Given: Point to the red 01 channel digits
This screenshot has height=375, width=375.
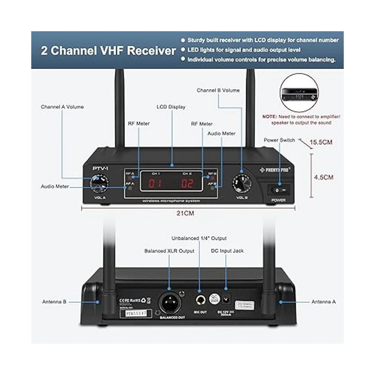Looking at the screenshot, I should (154, 183).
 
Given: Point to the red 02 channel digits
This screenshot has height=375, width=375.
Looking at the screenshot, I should (187, 183).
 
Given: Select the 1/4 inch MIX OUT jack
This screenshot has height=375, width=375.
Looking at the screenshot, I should (200, 301).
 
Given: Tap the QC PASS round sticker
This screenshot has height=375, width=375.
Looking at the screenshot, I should (214, 298).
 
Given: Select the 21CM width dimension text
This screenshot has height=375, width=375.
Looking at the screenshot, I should (185, 213).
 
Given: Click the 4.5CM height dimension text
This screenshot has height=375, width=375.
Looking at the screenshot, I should (323, 177).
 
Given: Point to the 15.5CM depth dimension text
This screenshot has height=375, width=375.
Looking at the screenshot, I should (321, 142).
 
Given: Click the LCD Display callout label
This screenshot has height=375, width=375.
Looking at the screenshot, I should (171, 107).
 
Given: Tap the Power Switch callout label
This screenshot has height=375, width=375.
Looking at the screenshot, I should (279, 140).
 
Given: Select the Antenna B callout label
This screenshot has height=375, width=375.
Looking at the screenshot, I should (54, 302).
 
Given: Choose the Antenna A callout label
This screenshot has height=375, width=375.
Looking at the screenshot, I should (323, 302).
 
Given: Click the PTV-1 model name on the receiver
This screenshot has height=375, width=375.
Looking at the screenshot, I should (100, 168).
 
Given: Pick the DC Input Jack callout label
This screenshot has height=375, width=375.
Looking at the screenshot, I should (227, 251).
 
